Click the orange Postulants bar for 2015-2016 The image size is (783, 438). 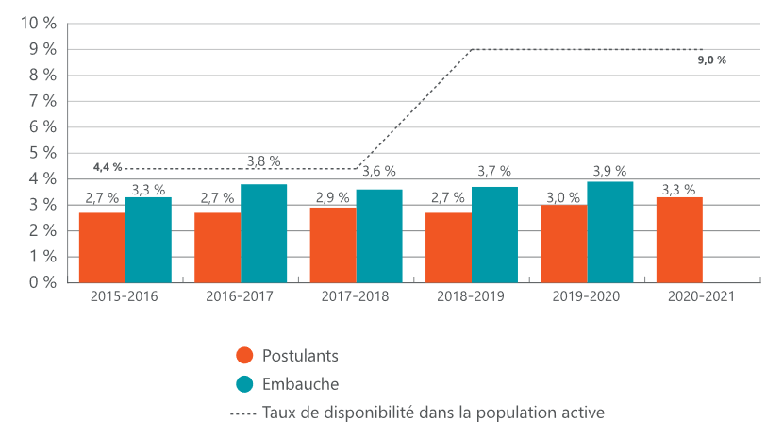pos(102,247)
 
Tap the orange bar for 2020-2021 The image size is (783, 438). pos(679,240)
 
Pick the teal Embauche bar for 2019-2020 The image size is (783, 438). pos(609,232)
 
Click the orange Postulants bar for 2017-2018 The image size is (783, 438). pos(333,244)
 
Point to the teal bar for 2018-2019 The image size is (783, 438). pos(494,235)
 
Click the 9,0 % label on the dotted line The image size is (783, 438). pos(711,60)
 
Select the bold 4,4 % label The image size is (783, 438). pos(108,167)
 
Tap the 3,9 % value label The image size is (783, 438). pos(609,171)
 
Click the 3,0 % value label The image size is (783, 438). pos(564,196)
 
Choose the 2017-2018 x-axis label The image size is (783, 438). pos(356,296)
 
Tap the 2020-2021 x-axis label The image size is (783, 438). pos(702,296)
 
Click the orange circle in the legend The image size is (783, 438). pos(244,356)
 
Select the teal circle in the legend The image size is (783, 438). pos(244,383)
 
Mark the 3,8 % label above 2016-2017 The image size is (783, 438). pos(263,161)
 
